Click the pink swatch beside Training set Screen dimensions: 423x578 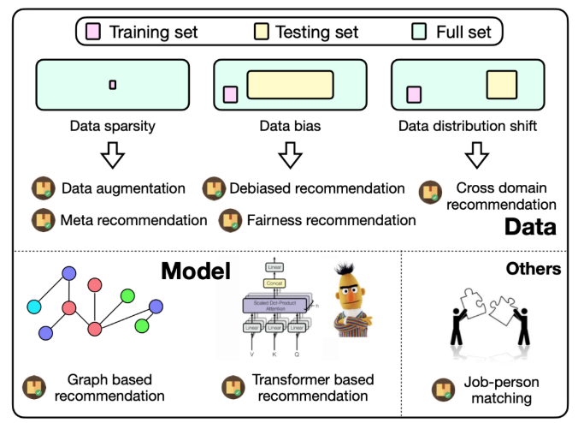coord(93,33)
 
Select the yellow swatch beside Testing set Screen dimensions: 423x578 coord(260,33)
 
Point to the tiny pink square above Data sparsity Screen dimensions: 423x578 coord(112,84)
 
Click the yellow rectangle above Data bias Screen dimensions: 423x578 coord(290,86)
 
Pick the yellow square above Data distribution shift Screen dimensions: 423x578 coord(502,86)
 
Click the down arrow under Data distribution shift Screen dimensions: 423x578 coord(477,157)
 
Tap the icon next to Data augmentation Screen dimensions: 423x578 coord(42,188)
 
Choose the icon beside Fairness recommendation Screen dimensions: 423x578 coord(230,220)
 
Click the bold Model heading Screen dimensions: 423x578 coord(195,271)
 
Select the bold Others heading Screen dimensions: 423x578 coord(532,269)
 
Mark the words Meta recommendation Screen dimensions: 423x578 coord(133,220)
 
